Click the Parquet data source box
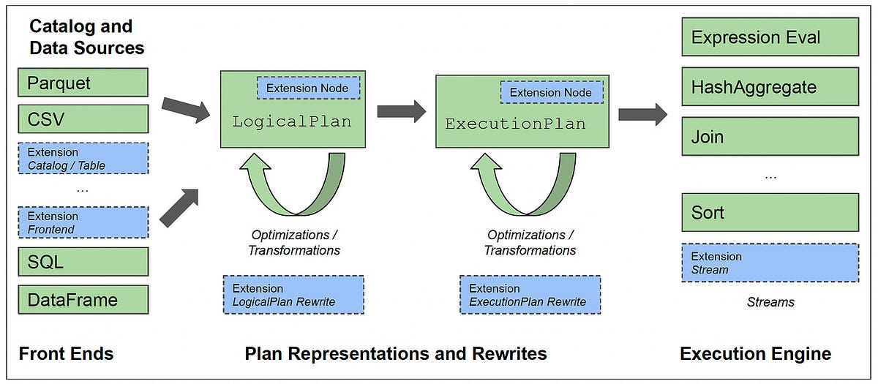coord(83,83)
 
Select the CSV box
coord(83,118)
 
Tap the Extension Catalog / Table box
coord(83,159)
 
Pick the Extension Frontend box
coord(83,222)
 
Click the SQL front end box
coord(83,261)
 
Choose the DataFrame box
coord(83,299)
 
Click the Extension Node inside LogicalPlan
coord(307,89)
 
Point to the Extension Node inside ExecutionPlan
coord(551,92)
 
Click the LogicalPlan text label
coord(292,122)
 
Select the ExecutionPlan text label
coord(515,124)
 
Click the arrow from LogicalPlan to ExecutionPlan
coord(401,111)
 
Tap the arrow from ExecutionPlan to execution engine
coord(642,114)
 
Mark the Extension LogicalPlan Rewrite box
coord(293,295)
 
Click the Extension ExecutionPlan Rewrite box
coord(530,295)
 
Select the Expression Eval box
coord(770,37)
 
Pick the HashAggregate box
coord(770,88)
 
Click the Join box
coord(770,137)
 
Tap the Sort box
coord(770,213)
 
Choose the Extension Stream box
coord(770,263)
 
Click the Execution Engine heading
coord(755,354)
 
